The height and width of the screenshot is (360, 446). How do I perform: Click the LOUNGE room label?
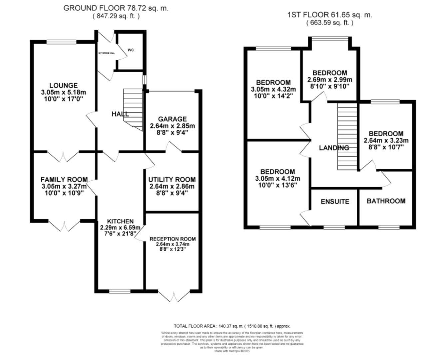click(63, 86)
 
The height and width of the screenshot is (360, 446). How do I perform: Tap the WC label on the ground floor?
click(131, 50)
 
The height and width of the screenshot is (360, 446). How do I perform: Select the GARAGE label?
click(172, 119)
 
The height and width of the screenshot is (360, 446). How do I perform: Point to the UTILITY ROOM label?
click(172, 180)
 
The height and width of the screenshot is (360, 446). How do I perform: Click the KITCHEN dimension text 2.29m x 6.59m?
click(120, 228)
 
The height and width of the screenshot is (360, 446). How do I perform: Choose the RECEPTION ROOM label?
click(173, 239)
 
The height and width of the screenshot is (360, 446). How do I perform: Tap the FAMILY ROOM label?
click(64, 180)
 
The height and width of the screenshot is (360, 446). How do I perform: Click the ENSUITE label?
click(335, 202)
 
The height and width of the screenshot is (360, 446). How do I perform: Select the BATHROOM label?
click(386, 201)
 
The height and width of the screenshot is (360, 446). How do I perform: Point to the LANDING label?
click(334, 148)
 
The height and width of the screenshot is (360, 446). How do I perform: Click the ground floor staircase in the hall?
click(133, 108)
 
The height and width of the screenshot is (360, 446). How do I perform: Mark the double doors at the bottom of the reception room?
click(174, 295)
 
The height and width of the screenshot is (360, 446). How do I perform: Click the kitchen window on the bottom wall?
click(120, 291)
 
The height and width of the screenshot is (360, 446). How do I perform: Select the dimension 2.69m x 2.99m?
click(329, 80)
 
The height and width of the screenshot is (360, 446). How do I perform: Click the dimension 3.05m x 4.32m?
click(273, 89)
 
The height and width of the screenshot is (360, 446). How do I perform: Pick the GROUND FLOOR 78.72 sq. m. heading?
click(116, 8)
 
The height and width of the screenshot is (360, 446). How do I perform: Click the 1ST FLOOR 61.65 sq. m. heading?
click(330, 15)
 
